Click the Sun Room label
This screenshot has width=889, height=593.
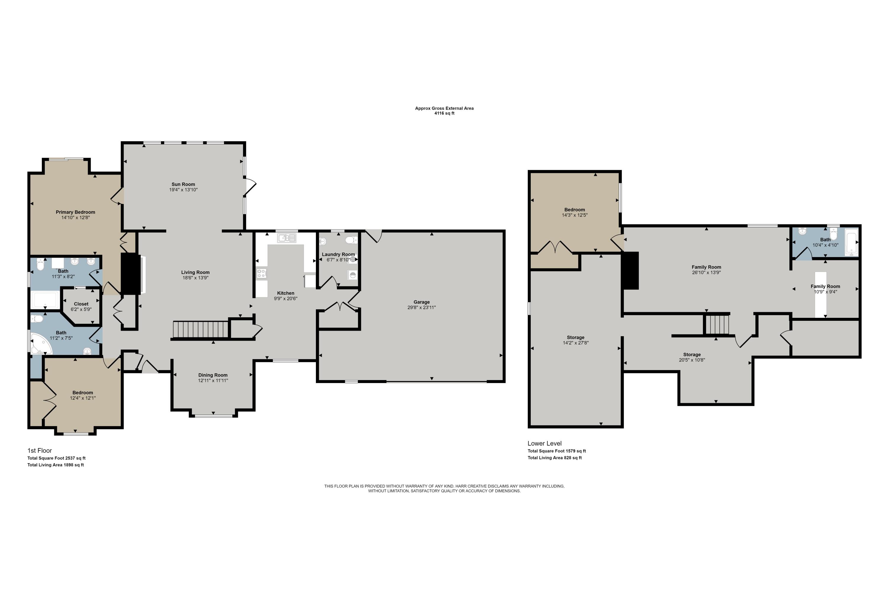183,184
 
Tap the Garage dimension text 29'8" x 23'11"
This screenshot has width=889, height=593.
421,307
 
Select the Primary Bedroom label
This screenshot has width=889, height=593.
75,212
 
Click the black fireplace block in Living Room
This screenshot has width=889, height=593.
130,273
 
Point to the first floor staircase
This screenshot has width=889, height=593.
201,329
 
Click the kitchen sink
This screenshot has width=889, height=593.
286,238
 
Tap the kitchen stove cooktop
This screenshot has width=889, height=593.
262,273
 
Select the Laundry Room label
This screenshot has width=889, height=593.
338,254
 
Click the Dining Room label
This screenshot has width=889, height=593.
213,375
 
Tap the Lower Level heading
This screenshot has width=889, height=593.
544,443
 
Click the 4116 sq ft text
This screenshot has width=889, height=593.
444,113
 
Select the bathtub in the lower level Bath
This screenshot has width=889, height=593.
851,242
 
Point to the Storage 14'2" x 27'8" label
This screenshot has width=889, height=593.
575,338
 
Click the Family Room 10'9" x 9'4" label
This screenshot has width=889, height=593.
825,287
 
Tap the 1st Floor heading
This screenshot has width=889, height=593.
40,450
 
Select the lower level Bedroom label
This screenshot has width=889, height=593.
574,210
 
